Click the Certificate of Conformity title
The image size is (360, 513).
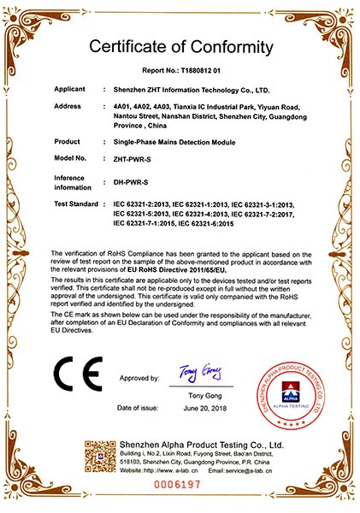click(180, 45)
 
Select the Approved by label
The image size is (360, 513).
click(139, 377)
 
